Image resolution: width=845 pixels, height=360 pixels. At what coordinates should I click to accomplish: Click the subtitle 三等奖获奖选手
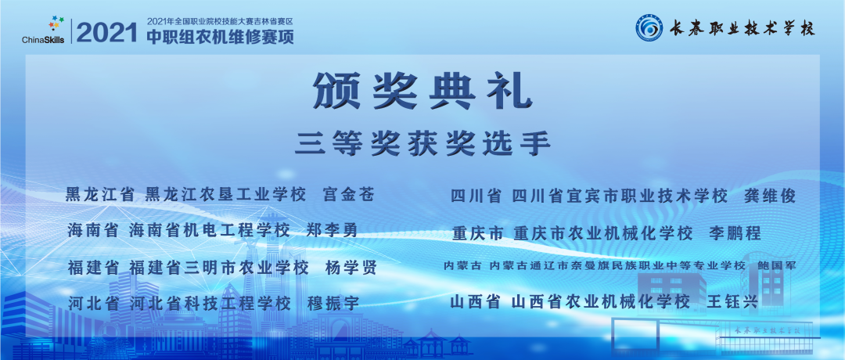click(x=423, y=143)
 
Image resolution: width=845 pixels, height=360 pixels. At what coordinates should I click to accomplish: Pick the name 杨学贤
click(x=351, y=268)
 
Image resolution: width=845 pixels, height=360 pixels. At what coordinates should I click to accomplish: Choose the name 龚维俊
click(x=769, y=196)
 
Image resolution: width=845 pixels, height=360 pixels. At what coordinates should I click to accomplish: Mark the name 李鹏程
click(x=735, y=233)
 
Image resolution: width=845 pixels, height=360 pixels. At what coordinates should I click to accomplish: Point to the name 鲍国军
click(x=776, y=267)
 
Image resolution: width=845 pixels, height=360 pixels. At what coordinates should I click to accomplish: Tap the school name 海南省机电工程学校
click(x=209, y=231)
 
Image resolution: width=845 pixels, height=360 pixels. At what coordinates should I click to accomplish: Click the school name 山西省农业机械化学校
click(x=600, y=301)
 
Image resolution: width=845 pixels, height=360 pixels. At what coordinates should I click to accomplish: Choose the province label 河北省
click(x=94, y=303)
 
